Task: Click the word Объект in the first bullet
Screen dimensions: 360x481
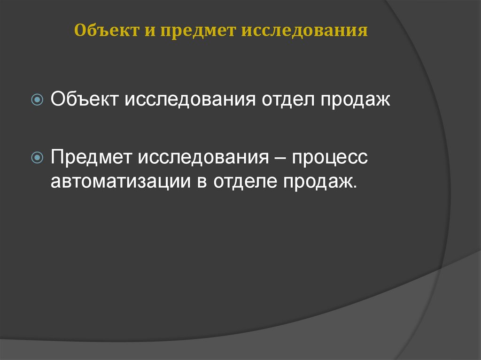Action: point(84,100)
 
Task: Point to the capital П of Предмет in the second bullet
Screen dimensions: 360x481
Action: point(57,157)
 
